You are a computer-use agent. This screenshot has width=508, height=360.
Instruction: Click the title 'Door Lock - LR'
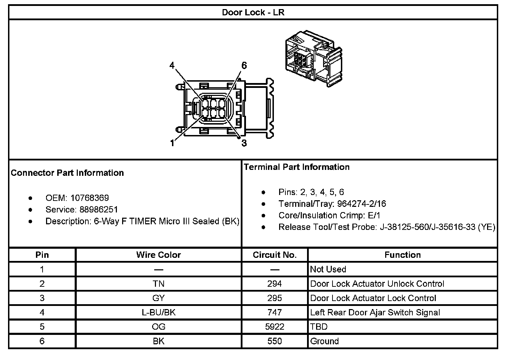pyautogui.click(x=253, y=13)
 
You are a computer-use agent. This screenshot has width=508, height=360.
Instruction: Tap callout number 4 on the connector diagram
pyautogui.click(x=172, y=65)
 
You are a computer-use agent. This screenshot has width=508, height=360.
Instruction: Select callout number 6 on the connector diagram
pyautogui.click(x=244, y=65)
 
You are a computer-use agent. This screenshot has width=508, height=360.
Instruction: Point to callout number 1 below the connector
pyautogui.click(x=172, y=143)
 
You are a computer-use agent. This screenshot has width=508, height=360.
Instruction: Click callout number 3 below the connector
pyautogui.click(x=244, y=143)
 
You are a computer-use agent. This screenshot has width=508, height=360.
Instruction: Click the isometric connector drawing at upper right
pyautogui.click(x=313, y=58)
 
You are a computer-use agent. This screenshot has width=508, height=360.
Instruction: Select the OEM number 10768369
pyautogui.click(x=90, y=198)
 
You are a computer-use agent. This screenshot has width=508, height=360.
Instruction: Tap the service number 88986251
pyautogui.click(x=99, y=209)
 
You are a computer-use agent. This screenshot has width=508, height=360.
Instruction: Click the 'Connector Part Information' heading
pyautogui.click(x=67, y=173)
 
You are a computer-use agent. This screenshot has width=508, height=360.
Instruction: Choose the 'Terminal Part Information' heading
pyautogui.click(x=297, y=167)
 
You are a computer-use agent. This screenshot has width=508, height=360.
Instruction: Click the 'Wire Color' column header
pyautogui.click(x=158, y=255)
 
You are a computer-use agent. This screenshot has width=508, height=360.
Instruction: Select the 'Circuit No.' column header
pyautogui.click(x=275, y=255)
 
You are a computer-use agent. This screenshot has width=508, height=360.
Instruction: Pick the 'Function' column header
pyautogui.click(x=403, y=255)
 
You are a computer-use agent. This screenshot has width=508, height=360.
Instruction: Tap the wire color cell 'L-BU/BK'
pyautogui.click(x=158, y=312)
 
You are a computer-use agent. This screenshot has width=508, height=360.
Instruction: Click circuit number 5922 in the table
pyautogui.click(x=275, y=327)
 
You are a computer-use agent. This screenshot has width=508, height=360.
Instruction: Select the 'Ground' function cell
pyautogui.click(x=324, y=341)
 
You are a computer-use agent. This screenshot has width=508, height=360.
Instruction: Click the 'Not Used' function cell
pyautogui.click(x=328, y=269)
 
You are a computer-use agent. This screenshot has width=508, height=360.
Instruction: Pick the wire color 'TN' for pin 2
pyautogui.click(x=158, y=284)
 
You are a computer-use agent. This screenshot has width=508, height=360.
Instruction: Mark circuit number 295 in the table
pyautogui.click(x=275, y=298)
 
